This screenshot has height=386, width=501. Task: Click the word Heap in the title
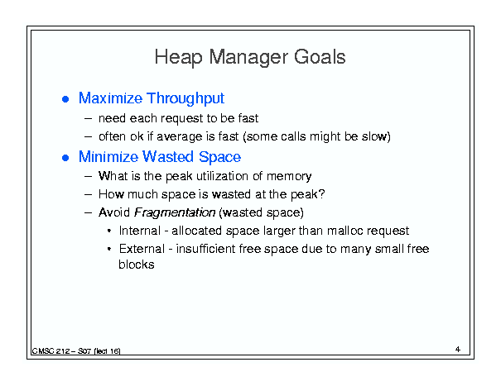pyautogui.click(x=178, y=58)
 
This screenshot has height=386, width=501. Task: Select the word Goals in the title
pyautogui.click(x=320, y=57)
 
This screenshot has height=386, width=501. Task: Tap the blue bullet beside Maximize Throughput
pyautogui.click(x=65, y=99)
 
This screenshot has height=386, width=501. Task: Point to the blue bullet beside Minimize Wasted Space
pyautogui.click(x=65, y=158)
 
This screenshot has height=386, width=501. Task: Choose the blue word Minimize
pyautogui.click(x=108, y=157)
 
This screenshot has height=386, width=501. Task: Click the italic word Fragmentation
pyautogui.click(x=175, y=212)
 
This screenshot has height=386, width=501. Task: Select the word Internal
pyautogui.click(x=140, y=231)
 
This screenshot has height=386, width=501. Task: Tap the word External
pyautogui.click(x=142, y=249)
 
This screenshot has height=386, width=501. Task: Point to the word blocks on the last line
pyautogui.click(x=137, y=264)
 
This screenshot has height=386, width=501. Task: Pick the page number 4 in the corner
pyautogui.click(x=458, y=350)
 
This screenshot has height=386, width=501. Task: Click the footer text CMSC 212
pyautogui.click(x=51, y=351)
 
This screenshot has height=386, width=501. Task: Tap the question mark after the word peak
pyautogui.click(x=322, y=193)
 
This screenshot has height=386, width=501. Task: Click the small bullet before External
pyautogui.click(x=109, y=249)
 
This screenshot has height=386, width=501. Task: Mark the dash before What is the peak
pyautogui.click(x=88, y=176)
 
